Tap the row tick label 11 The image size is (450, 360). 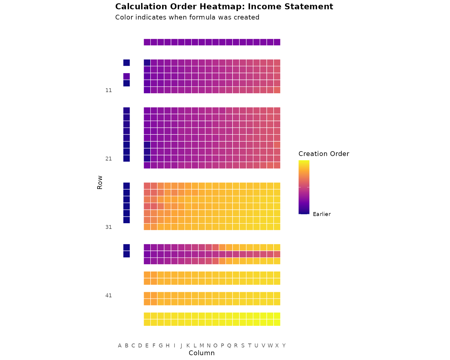coord(108,90)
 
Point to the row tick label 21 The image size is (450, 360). coord(108,159)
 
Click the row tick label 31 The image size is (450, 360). coord(108,227)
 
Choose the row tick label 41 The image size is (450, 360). coord(108,295)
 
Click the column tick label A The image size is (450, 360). coord(120,346)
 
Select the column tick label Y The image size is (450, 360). coord(284,346)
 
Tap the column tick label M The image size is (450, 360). coord(202,346)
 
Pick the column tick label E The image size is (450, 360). coord(147,346)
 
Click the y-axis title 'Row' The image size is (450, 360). coord(100,182)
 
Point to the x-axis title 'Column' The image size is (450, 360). coord(202,353)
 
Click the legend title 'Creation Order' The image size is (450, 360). coord(324,154)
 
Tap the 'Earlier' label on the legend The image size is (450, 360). coord(322,214)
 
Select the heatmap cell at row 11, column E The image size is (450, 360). coord(147,90)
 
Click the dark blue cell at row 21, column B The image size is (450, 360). coord(127,158)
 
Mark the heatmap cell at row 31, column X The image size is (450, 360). coord(277,227)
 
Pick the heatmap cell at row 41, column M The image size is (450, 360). coord(202,295)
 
